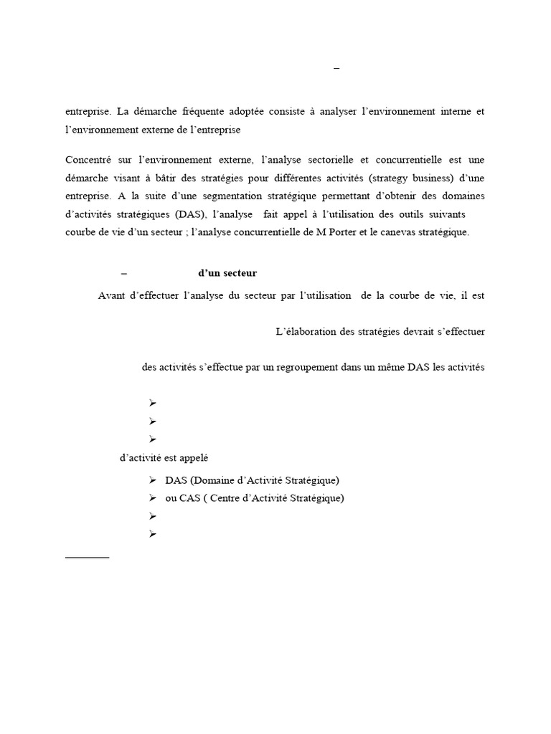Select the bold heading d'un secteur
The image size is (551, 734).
(227, 273)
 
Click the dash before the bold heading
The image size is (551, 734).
(124, 273)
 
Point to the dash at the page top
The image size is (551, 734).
(337, 68)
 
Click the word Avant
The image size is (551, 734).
(112, 295)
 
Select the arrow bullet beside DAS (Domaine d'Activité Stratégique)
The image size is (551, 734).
(153, 480)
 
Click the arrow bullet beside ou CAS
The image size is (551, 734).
(153, 498)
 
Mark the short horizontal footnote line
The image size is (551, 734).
(87, 556)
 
